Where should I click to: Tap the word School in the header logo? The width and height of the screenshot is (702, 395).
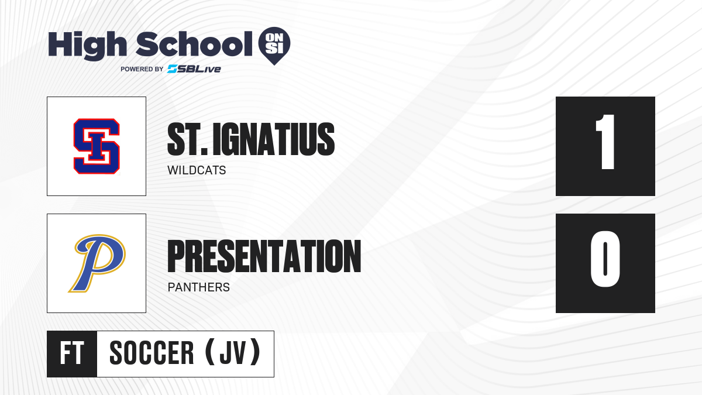(194, 43)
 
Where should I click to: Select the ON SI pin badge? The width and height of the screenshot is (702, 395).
(274, 46)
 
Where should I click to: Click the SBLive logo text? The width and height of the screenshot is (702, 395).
(194, 69)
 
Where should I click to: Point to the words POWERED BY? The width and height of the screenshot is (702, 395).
(142, 69)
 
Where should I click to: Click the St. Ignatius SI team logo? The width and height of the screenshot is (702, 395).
(97, 146)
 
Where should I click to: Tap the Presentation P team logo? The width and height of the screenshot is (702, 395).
(97, 263)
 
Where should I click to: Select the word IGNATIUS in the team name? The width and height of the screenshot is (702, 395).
(274, 139)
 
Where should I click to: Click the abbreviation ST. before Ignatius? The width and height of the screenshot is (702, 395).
(187, 139)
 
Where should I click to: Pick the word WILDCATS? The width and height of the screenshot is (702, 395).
(197, 170)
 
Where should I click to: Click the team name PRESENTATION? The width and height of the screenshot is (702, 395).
(264, 256)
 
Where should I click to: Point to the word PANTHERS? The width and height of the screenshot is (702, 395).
(199, 287)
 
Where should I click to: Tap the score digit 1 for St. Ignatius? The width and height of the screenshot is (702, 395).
(605, 142)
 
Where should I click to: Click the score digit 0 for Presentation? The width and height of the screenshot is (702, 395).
(605, 259)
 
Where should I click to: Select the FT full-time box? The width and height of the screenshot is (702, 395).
(72, 354)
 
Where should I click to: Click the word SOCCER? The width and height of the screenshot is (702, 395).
(152, 353)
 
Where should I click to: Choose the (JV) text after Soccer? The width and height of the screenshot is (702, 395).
(233, 352)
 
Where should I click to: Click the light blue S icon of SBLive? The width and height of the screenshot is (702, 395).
(173, 69)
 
